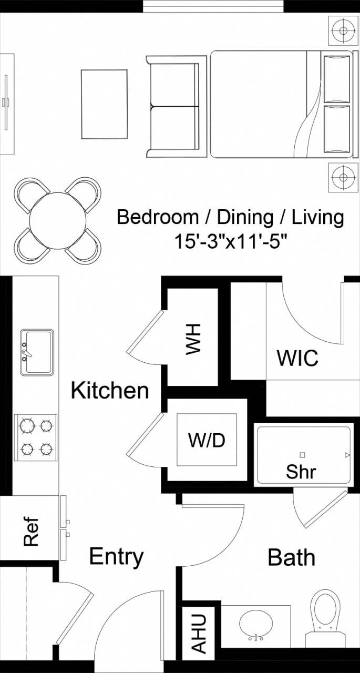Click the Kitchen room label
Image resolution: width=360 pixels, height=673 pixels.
(110, 391)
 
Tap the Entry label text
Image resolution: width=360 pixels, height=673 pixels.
(116, 556)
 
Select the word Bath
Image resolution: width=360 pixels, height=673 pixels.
(291, 557)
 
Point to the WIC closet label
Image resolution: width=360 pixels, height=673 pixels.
(297, 358)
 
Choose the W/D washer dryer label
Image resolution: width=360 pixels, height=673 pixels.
(207, 440)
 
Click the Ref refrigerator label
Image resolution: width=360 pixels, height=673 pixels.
(31, 532)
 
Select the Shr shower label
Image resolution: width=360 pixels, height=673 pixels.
(301, 472)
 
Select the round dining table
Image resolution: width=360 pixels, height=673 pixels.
(58, 220)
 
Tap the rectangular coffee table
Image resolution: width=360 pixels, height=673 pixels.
(104, 104)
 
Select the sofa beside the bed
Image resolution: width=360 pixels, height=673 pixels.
(176, 107)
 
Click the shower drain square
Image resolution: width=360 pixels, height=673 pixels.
(302, 455)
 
